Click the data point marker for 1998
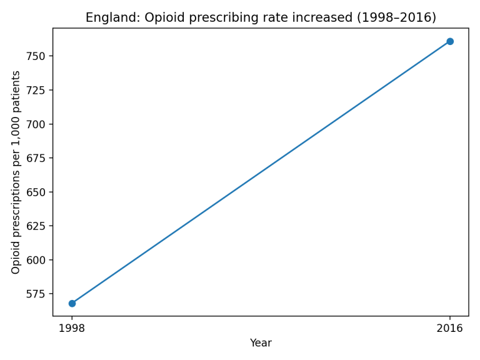72,303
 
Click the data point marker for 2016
449,41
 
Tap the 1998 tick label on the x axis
72,328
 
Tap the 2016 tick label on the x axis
449,328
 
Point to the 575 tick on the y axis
37,294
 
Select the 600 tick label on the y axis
37,260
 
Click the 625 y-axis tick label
37,226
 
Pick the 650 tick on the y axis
37,192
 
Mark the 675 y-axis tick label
37,158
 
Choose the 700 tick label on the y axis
37,124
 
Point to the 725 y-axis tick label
37,90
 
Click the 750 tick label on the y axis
37,56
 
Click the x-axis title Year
261,343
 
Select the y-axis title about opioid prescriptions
16,172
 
